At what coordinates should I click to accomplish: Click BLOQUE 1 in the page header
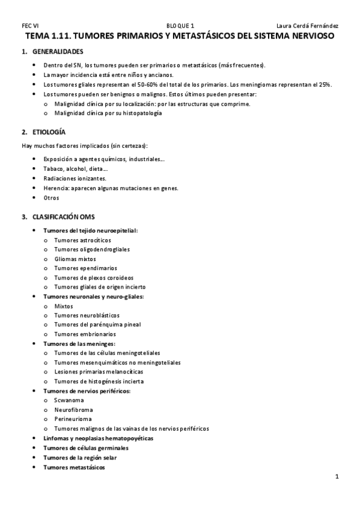tap(180, 26)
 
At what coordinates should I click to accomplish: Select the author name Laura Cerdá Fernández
tap(307, 26)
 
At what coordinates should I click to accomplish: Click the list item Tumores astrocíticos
tap(82, 239)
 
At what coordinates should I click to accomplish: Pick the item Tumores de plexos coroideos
tap(93, 277)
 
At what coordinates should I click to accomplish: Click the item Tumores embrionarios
tap(85, 334)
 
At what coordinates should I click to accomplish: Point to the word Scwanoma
tap(69, 400)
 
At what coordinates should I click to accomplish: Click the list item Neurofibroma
tap(73, 410)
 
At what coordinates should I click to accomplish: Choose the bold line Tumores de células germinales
tap(85, 447)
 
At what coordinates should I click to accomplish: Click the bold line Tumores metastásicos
tap(74, 467)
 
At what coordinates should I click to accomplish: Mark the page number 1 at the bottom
tap(337, 478)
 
